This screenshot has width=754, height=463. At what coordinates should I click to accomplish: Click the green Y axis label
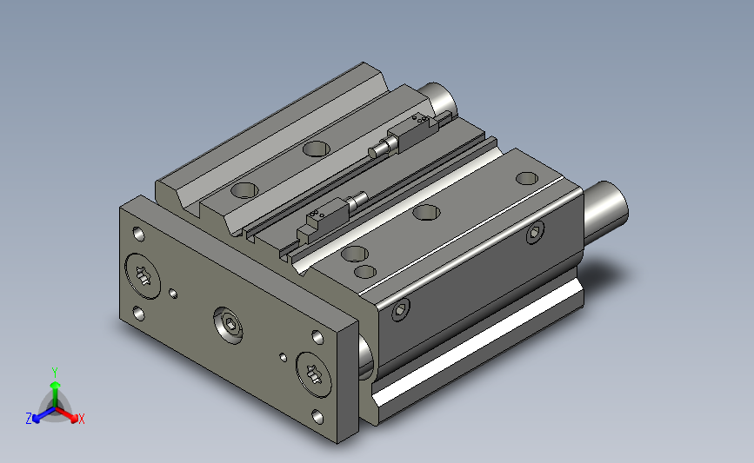[54, 373]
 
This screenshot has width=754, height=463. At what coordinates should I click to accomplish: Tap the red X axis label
[81, 419]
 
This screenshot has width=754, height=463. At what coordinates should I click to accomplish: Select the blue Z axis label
[29, 419]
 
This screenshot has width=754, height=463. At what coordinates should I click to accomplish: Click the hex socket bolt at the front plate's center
[228, 325]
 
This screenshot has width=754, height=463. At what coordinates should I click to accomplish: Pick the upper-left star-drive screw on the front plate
[143, 276]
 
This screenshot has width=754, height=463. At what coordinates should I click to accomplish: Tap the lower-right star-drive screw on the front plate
[314, 374]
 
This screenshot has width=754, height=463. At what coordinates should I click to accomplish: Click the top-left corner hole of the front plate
[138, 235]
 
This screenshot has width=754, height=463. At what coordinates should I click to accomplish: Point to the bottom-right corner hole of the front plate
[317, 417]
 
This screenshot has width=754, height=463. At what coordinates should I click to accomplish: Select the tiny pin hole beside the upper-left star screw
[173, 294]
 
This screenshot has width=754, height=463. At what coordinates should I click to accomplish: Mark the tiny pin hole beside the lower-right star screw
[284, 357]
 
